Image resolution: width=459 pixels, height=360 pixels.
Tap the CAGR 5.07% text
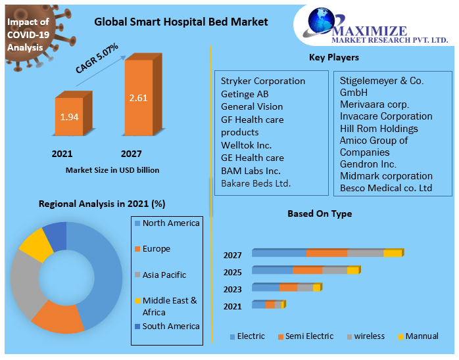pos(97,58)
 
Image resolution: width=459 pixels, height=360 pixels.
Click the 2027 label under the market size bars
pos(132,154)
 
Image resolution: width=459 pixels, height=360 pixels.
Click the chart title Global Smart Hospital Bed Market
pos(181,22)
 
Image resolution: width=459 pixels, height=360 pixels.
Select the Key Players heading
pos(333,58)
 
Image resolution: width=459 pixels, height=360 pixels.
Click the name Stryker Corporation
pos(263,81)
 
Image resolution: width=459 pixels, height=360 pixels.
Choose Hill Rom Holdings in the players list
pos(379,128)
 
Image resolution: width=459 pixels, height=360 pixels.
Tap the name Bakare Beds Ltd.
pos(256,183)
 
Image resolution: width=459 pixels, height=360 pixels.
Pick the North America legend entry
pos(170,223)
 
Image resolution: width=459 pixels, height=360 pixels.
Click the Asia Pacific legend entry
pos(164,275)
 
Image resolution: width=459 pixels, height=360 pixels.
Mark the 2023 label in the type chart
pos(232,288)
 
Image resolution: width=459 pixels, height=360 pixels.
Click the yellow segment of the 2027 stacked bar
pos(392,254)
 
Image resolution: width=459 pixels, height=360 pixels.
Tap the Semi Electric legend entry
pos(309,336)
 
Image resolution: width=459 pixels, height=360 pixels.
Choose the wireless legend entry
pos(370,336)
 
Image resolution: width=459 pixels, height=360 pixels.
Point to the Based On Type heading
pos(320,214)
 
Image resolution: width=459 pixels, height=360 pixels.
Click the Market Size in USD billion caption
pos(112,170)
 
